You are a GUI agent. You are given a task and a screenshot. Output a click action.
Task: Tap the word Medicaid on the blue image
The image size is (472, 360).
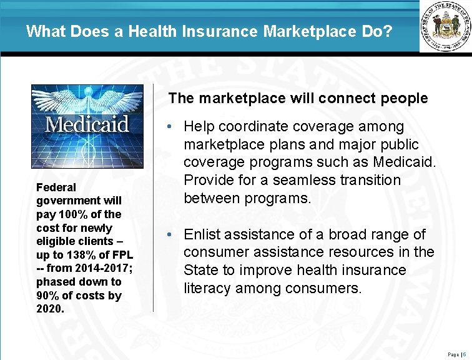click(87, 124)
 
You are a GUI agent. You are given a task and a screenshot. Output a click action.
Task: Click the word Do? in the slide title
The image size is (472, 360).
click(378, 31)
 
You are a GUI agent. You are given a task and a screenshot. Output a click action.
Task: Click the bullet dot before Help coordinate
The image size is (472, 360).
click(170, 127)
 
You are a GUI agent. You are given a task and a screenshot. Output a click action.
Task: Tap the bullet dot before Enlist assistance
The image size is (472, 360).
click(170, 235)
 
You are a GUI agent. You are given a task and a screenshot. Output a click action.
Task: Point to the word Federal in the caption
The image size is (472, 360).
click(56, 187)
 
